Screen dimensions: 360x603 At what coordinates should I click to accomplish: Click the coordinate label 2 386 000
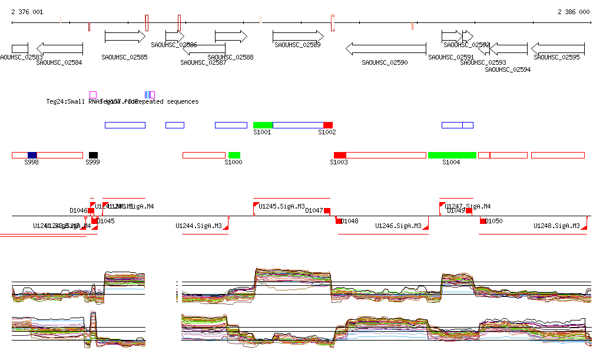coord(574,12)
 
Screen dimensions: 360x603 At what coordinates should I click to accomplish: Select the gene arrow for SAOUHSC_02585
coord(125,37)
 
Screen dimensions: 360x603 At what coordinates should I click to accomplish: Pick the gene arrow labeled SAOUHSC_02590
coord(386,48)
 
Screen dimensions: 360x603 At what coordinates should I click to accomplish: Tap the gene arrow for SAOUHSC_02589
coord(298,37)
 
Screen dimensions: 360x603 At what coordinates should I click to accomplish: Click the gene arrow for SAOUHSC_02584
coord(59,48)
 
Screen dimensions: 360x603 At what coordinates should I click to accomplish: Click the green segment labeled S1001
coord(263,125)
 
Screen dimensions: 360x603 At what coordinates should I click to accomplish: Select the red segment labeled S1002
coord(328,125)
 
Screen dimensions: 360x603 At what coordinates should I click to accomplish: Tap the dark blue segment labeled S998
coord(32,155)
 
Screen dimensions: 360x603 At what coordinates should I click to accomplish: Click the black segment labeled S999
coord(93,155)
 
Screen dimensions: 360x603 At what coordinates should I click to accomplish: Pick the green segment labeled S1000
coord(234,155)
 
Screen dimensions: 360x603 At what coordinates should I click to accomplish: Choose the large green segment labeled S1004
coord(452,155)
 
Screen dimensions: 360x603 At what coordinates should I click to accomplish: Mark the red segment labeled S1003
coord(340,155)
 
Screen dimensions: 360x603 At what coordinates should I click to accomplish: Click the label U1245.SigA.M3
coord(282,206)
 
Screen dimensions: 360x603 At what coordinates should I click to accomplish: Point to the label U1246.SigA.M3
coord(398,226)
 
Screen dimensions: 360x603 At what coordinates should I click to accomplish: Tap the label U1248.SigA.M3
coord(556,226)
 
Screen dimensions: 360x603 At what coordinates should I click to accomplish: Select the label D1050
coord(493,221)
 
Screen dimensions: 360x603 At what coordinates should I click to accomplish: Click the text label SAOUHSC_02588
coord(231,57)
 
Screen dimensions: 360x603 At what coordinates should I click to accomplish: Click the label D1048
coord(350,221)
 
